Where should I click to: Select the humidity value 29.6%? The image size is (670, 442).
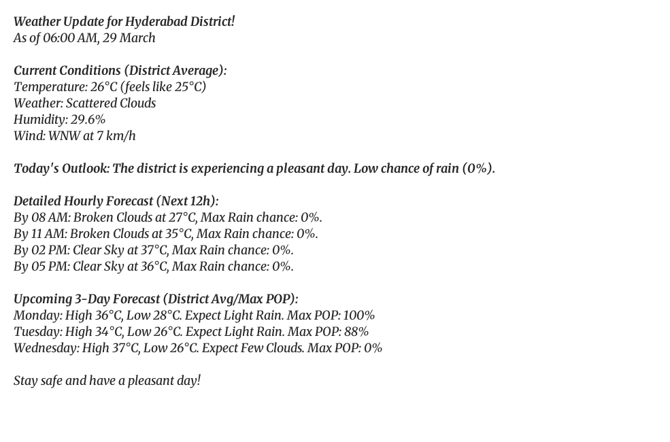[x=88, y=120]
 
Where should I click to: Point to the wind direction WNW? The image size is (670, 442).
[x=64, y=136]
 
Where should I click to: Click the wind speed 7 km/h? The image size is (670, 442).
[x=116, y=136]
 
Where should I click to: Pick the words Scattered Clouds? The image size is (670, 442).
[x=111, y=103]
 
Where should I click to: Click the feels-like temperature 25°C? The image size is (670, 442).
[x=189, y=87]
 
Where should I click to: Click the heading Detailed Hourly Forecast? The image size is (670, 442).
[x=83, y=201]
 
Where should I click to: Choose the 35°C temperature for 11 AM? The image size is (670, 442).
[x=179, y=234]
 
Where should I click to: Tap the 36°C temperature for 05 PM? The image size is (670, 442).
[x=154, y=267]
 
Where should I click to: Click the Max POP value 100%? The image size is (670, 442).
[x=358, y=316]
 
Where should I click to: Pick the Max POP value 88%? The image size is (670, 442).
[x=356, y=332]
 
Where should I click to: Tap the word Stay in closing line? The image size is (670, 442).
[x=26, y=381]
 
